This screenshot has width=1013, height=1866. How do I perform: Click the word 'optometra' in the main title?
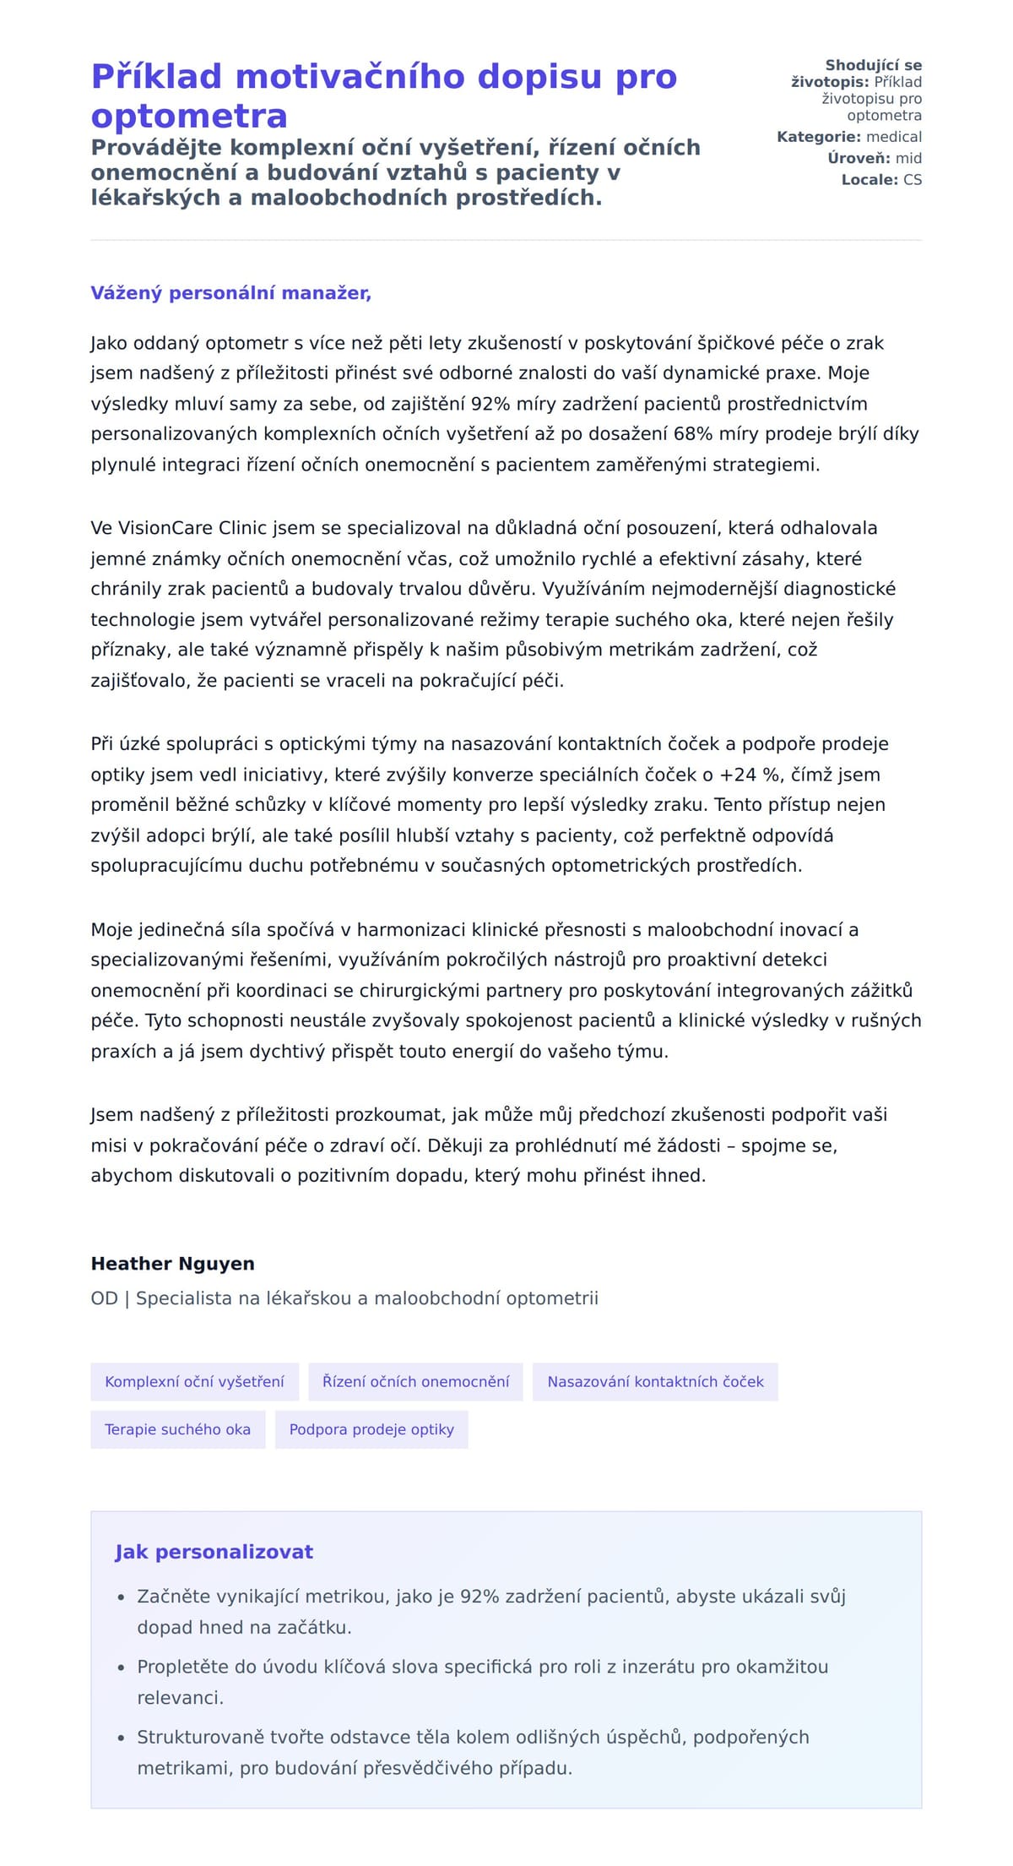189,116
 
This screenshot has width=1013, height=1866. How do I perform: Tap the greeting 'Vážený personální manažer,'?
230,293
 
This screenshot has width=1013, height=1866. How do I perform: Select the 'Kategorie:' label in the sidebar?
819,137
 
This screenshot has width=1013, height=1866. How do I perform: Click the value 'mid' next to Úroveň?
908,158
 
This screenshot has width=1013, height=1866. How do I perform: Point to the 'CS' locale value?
912,180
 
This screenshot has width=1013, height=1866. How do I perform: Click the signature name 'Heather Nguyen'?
172,1264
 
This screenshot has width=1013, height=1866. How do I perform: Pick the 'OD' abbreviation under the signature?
104,1298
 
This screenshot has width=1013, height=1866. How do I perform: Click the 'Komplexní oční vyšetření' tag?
194,1382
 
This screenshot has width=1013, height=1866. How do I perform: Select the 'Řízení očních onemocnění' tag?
415,1382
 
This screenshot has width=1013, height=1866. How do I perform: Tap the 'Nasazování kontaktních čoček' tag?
655,1382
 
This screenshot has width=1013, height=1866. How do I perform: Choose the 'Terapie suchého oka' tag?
177,1429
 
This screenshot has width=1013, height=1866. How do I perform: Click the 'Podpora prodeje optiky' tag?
371,1429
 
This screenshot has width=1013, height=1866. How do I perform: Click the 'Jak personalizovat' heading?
214,1552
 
